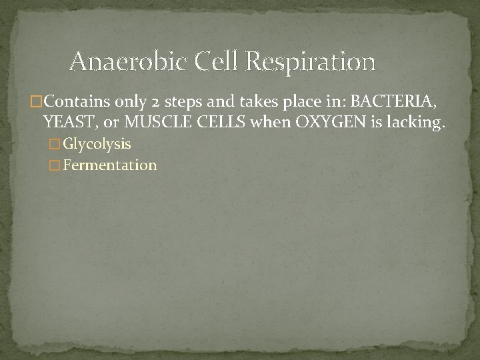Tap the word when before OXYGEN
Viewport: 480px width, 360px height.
[246, 121]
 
